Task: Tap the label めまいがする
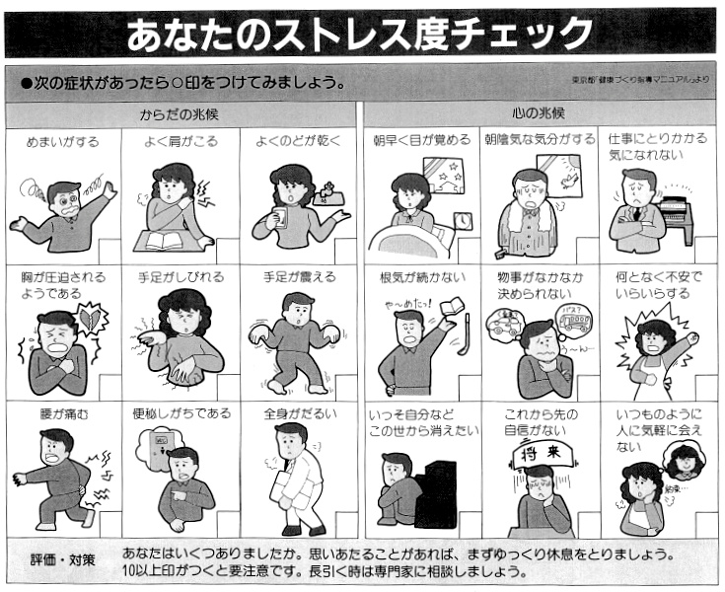point(62,142)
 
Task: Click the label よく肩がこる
point(180,142)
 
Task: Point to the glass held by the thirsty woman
point(280,218)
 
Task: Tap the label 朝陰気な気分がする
point(539,141)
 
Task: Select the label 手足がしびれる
point(180,278)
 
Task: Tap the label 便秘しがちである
point(181,414)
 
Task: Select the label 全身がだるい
point(300,414)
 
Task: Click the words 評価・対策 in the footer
point(62,560)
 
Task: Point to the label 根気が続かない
point(419,278)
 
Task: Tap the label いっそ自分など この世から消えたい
point(419,422)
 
